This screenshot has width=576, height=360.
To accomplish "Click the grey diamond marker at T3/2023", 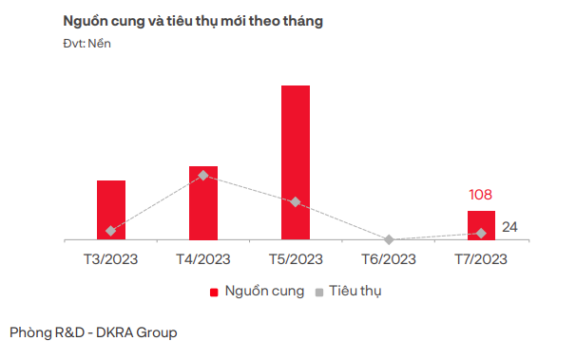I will pos(111,231).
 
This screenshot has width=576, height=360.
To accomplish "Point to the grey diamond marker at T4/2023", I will pos(203,176).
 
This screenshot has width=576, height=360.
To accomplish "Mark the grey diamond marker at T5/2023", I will pos(296,202).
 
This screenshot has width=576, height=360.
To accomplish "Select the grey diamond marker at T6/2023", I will pos(389,239).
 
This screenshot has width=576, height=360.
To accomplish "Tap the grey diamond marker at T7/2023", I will pos(481,233).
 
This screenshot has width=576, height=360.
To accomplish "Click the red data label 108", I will pos(481,195).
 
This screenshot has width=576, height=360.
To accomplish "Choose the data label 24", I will pos(509,227).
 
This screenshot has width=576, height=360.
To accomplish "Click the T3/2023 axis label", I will pos(111,258).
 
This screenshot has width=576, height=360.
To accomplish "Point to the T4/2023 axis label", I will pos(203,258).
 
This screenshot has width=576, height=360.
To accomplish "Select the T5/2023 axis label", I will pos(296,258).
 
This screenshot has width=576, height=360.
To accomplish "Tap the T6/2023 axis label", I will pos(389,258).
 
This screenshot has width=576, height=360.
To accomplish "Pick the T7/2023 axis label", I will pos(481,258).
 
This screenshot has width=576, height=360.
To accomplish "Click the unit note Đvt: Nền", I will pos(86,44).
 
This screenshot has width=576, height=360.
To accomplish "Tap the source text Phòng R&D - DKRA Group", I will pos(93,332).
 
